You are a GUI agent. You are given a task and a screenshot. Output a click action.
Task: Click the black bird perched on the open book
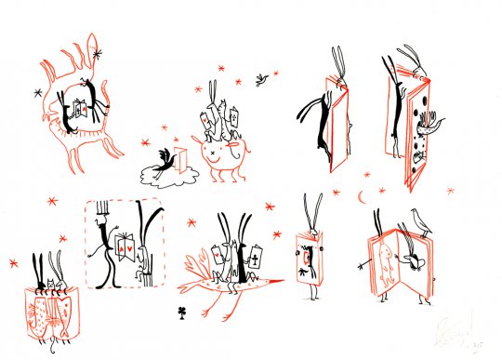click(418, 220)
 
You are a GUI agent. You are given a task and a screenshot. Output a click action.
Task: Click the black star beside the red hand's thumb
click(38, 92)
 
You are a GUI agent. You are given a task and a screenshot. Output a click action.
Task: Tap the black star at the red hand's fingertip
click(98, 54)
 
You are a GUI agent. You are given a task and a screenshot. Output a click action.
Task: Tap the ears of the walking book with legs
click(313, 207)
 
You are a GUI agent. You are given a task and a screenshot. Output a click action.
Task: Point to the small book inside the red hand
click(85, 108)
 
